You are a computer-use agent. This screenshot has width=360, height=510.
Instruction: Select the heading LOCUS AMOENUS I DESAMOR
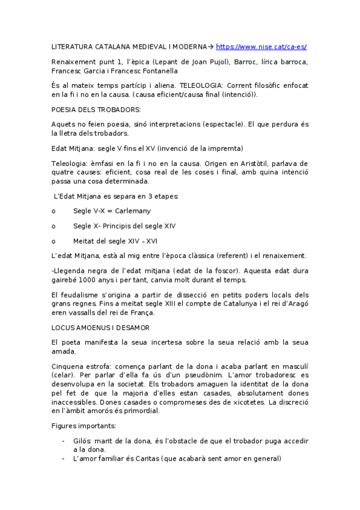click(101, 328)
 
